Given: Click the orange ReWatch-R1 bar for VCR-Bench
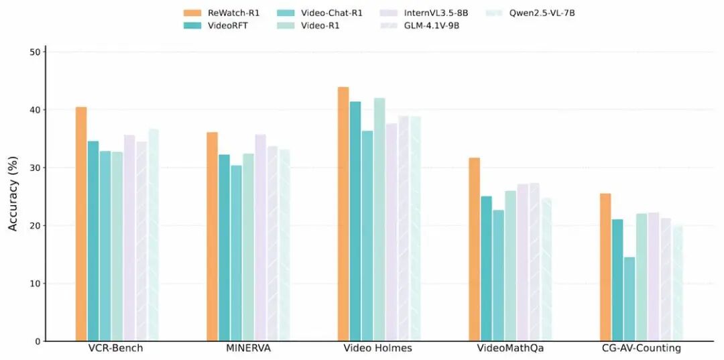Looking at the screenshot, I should pyautogui.click(x=81, y=224).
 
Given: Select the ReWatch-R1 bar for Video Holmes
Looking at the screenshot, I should pyautogui.click(x=343, y=214).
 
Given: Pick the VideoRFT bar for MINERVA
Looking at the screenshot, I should pyautogui.click(x=224, y=248).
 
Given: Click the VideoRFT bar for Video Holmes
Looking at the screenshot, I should pyautogui.click(x=355, y=221).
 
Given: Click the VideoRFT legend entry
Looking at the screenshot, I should pyautogui.click(x=219, y=25).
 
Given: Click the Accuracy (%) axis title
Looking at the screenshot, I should pyautogui.click(x=13, y=196).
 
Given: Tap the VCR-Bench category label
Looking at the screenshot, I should pyautogui.click(x=116, y=349).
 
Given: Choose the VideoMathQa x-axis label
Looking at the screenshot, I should pyautogui.click(x=509, y=349).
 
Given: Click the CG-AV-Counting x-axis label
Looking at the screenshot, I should pyautogui.click(x=641, y=349).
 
